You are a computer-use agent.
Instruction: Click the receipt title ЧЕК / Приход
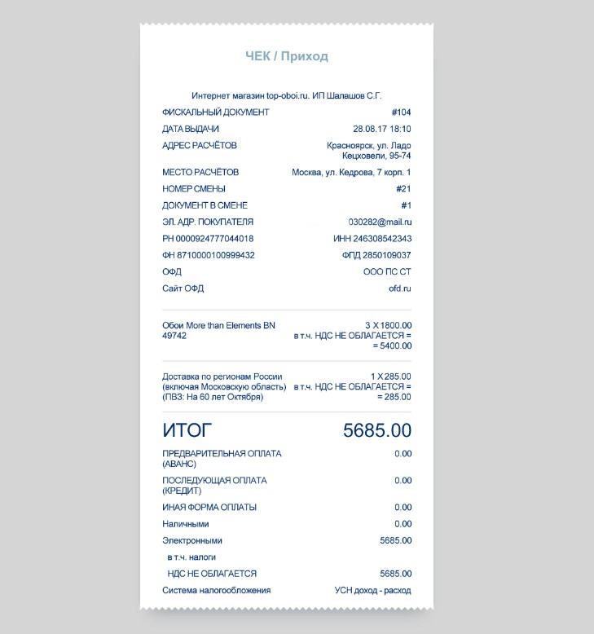point(287,56)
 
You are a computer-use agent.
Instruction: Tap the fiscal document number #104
point(401,112)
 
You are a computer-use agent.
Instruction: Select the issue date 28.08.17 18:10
point(381,129)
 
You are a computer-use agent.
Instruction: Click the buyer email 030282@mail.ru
point(380,222)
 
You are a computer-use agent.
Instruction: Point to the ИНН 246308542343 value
point(372,239)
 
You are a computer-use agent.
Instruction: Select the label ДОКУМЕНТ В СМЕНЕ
point(205,205)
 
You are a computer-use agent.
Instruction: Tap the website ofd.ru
point(400,288)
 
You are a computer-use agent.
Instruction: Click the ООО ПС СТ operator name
point(387,272)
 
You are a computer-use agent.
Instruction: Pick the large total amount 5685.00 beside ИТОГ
point(377,430)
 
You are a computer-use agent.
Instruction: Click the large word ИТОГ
point(187,430)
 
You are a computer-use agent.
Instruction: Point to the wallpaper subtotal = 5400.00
point(392,346)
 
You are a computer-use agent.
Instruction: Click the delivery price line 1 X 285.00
point(390,376)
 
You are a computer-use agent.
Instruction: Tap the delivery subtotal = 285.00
point(394,397)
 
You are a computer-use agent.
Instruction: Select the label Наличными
point(186,524)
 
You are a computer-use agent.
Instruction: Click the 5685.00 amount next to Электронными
point(395,540)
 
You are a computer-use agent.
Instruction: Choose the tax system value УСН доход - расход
point(372,590)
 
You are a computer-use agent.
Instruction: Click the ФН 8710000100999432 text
point(209,255)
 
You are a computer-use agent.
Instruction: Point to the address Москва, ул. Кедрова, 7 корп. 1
point(351,173)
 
